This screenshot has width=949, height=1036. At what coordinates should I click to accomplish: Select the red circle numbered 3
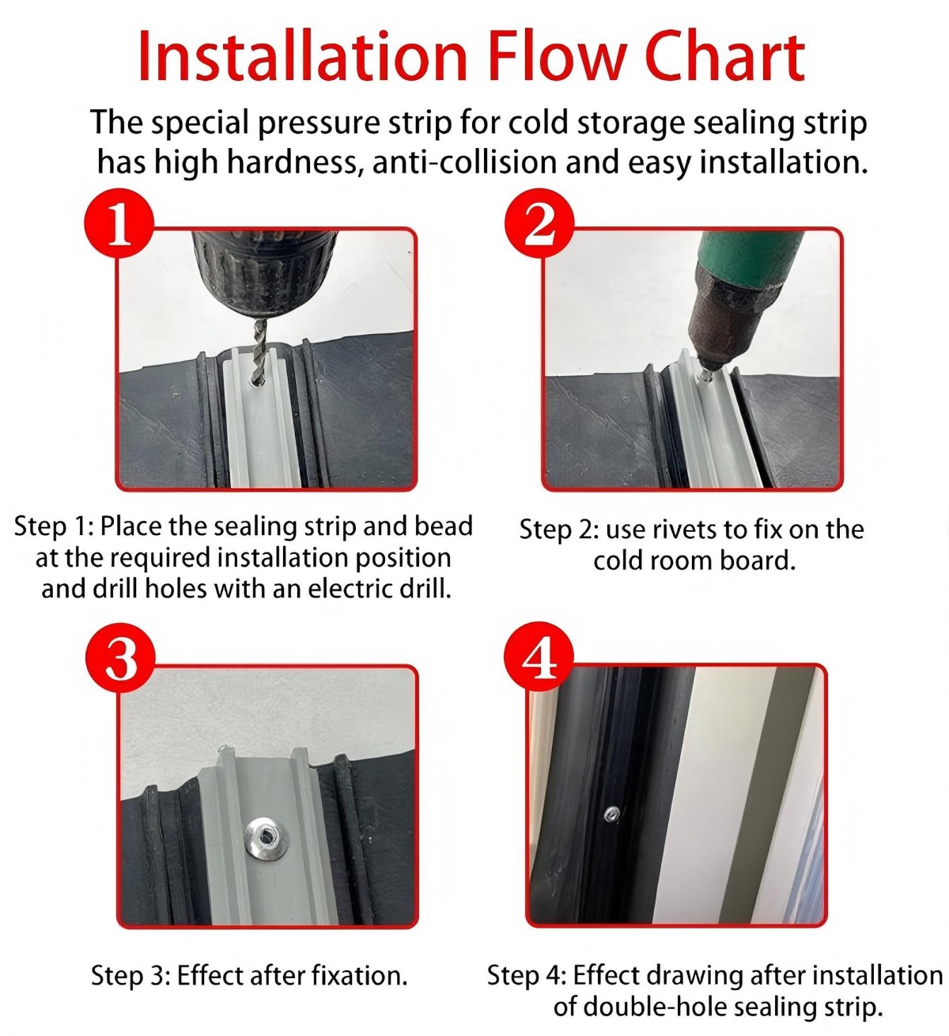[120, 657]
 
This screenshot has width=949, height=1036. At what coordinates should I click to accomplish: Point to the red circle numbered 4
[540, 657]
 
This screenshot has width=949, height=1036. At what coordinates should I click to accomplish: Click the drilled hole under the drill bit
[258, 383]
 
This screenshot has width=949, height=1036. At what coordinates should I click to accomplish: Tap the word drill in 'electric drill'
[429, 588]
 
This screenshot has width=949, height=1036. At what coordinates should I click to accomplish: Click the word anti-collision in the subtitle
[464, 161]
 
